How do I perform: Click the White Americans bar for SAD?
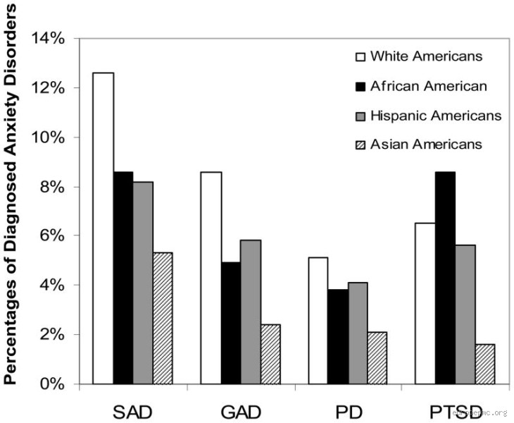point(104,228)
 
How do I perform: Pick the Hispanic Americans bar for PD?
point(357,333)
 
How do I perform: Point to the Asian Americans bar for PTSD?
point(484,364)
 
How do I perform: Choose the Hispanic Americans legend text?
point(436,115)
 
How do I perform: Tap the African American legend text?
point(428,86)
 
